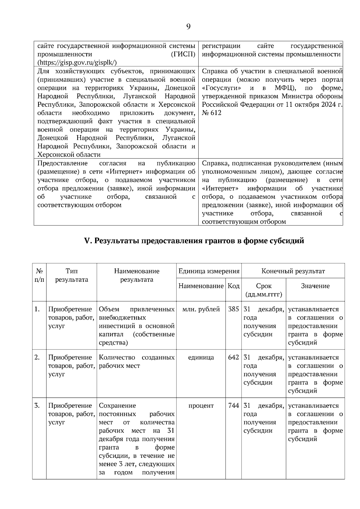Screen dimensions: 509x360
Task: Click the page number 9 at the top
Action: (x=188, y=27)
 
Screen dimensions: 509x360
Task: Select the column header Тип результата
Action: (x=72, y=275)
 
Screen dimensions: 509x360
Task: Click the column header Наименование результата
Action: (x=136, y=275)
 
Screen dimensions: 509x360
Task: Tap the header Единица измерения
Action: (x=209, y=271)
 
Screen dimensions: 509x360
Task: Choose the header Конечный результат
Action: (x=293, y=271)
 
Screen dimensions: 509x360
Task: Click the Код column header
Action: (x=233, y=286)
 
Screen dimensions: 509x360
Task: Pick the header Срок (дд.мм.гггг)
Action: (x=264, y=290)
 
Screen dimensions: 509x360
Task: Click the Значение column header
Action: (x=315, y=286)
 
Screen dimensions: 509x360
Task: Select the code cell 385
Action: (x=233, y=309)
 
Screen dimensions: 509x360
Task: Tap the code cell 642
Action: (x=233, y=357)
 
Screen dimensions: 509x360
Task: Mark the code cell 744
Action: (x=233, y=406)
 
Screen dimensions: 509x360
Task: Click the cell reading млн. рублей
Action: (x=201, y=309)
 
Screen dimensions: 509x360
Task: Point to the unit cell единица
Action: (x=201, y=357)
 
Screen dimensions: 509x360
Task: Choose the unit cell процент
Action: (x=201, y=406)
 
